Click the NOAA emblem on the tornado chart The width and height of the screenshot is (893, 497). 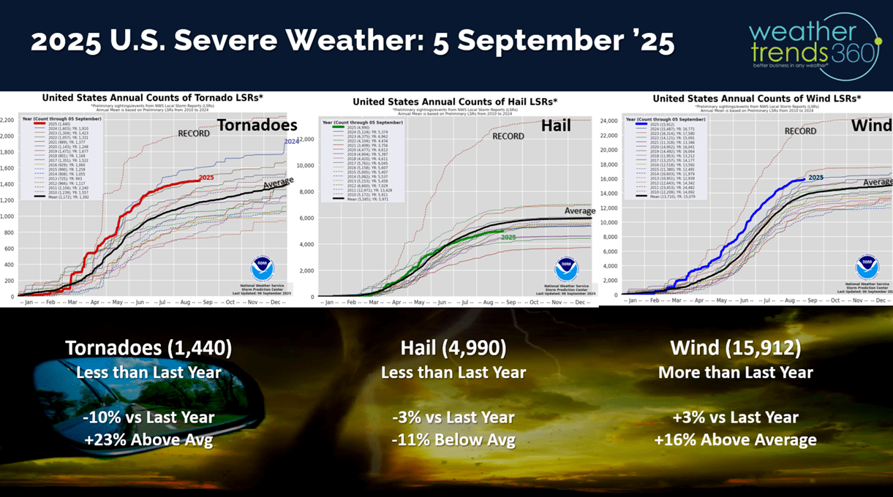(x=262, y=268)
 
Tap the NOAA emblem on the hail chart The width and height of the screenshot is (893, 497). (x=566, y=270)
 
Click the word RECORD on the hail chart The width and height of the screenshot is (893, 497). (x=508, y=136)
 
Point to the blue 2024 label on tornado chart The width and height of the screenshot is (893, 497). (x=291, y=141)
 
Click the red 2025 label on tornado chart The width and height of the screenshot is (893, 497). (x=206, y=178)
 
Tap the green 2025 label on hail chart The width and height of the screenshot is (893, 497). (x=508, y=238)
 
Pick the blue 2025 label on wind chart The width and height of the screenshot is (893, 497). (x=815, y=177)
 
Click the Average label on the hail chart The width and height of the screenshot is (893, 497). (x=579, y=211)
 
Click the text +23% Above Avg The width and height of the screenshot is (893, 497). (x=148, y=440)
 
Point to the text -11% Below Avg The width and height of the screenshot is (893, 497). (x=453, y=440)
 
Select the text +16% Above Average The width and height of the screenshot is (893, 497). (x=736, y=440)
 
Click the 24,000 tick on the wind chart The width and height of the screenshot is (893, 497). (x=608, y=121)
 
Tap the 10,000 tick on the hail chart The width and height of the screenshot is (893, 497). (x=325, y=165)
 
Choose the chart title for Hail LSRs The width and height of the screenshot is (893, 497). (x=455, y=102)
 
